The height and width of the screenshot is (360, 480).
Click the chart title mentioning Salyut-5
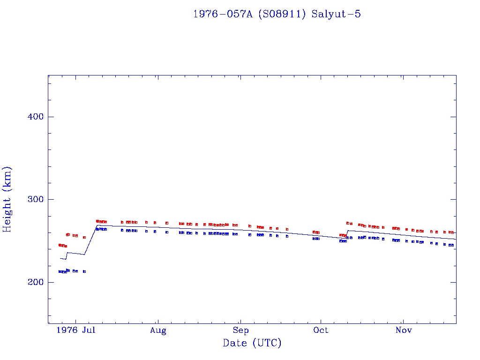[x=277, y=14]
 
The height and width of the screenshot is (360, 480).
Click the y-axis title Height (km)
[x=7, y=199]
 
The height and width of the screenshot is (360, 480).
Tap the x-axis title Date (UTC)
[x=252, y=343]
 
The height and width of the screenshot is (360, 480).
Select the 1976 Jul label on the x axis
[x=76, y=330]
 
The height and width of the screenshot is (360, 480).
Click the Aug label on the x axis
[x=158, y=330]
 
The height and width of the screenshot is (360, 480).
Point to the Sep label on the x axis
[x=240, y=330]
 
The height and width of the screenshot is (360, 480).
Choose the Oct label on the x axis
[x=321, y=330]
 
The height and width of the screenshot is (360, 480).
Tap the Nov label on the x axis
[x=404, y=330]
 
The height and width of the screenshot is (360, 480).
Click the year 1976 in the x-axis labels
[x=67, y=330]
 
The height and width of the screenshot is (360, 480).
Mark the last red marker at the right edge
[x=452, y=232]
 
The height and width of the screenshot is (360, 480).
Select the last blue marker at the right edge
[x=452, y=245]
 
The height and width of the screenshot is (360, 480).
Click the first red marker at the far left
[x=60, y=245]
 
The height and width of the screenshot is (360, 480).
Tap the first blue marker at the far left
[x=60, y=271]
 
